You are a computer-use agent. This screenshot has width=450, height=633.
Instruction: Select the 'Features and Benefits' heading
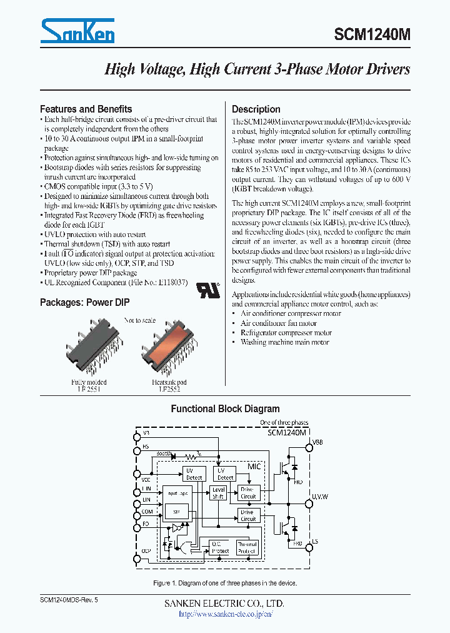(x=86, y=109)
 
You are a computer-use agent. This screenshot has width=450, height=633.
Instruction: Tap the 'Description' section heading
(x=256, y=109)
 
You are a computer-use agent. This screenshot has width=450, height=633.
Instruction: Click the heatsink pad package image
(x=169, y=350)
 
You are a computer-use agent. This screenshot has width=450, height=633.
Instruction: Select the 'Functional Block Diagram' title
(x=225, y=408)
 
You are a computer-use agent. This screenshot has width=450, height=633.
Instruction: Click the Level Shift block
(x=219, y=493)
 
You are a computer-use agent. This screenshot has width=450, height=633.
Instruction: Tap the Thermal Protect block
(x=247, y=547)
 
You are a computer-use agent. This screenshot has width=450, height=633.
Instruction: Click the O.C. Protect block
(x=219, y=547)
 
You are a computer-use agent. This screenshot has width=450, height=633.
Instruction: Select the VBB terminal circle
(x=309, y=447)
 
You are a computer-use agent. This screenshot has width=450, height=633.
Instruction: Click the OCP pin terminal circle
(x=137, y=559)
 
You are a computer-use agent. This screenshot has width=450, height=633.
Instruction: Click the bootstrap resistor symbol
(x=199, y=455)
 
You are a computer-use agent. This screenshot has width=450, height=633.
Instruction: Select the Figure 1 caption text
(x=225, y=583)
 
